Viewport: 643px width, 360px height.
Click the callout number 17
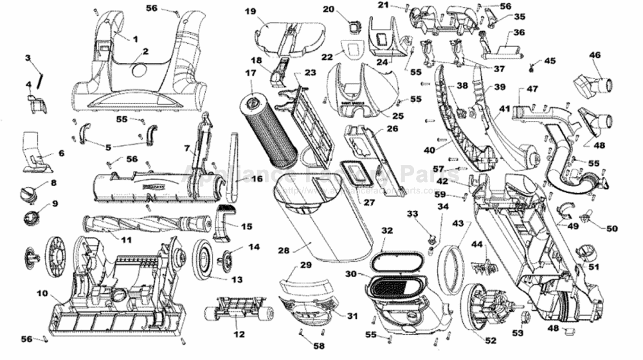(250, 74)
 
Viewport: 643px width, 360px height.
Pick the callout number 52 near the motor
(490, 341)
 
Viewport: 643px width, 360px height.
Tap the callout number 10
(43, 294)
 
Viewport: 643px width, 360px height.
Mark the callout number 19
(250, 12)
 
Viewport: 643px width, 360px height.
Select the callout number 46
(594, 55)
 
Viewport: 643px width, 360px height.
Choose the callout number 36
(518, 32)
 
